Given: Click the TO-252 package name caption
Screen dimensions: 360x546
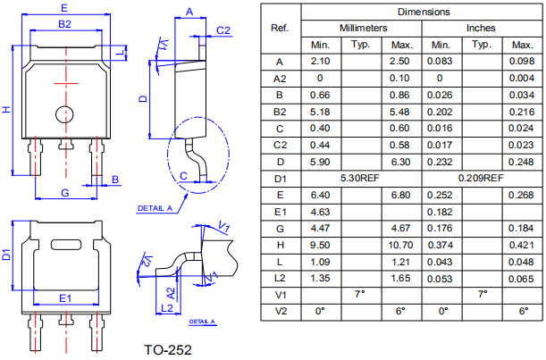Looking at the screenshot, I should (x=168, y=348).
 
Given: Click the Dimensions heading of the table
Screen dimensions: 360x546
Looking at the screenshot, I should (x=424, y=12).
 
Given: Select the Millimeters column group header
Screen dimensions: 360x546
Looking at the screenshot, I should (x=363, y=29).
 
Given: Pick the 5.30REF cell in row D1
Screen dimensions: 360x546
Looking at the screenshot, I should (x=361, y=178).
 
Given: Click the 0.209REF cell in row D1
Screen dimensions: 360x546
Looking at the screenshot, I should (x=481, y=178).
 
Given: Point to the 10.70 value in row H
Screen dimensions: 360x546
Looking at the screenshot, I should (x=401, y=244).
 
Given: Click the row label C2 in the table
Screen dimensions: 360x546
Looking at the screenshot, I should (x=280, y=145).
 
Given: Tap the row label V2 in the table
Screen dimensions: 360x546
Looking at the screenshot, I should (x=280, y=310).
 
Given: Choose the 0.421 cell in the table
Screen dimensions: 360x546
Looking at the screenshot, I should (x=520, y=244).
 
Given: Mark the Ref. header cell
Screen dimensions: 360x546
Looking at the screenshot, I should (x=280, y=28).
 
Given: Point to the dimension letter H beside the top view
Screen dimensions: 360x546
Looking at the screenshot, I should (x=6, y=109).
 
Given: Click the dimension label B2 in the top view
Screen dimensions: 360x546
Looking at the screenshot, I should (x=64, y=24).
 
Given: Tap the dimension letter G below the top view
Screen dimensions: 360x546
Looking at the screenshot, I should (x=64, y=193).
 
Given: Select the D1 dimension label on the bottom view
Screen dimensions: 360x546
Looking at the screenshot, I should (x=7, y=255).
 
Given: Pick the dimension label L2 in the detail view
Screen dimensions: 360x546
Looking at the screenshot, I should (x=165, y=308).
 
